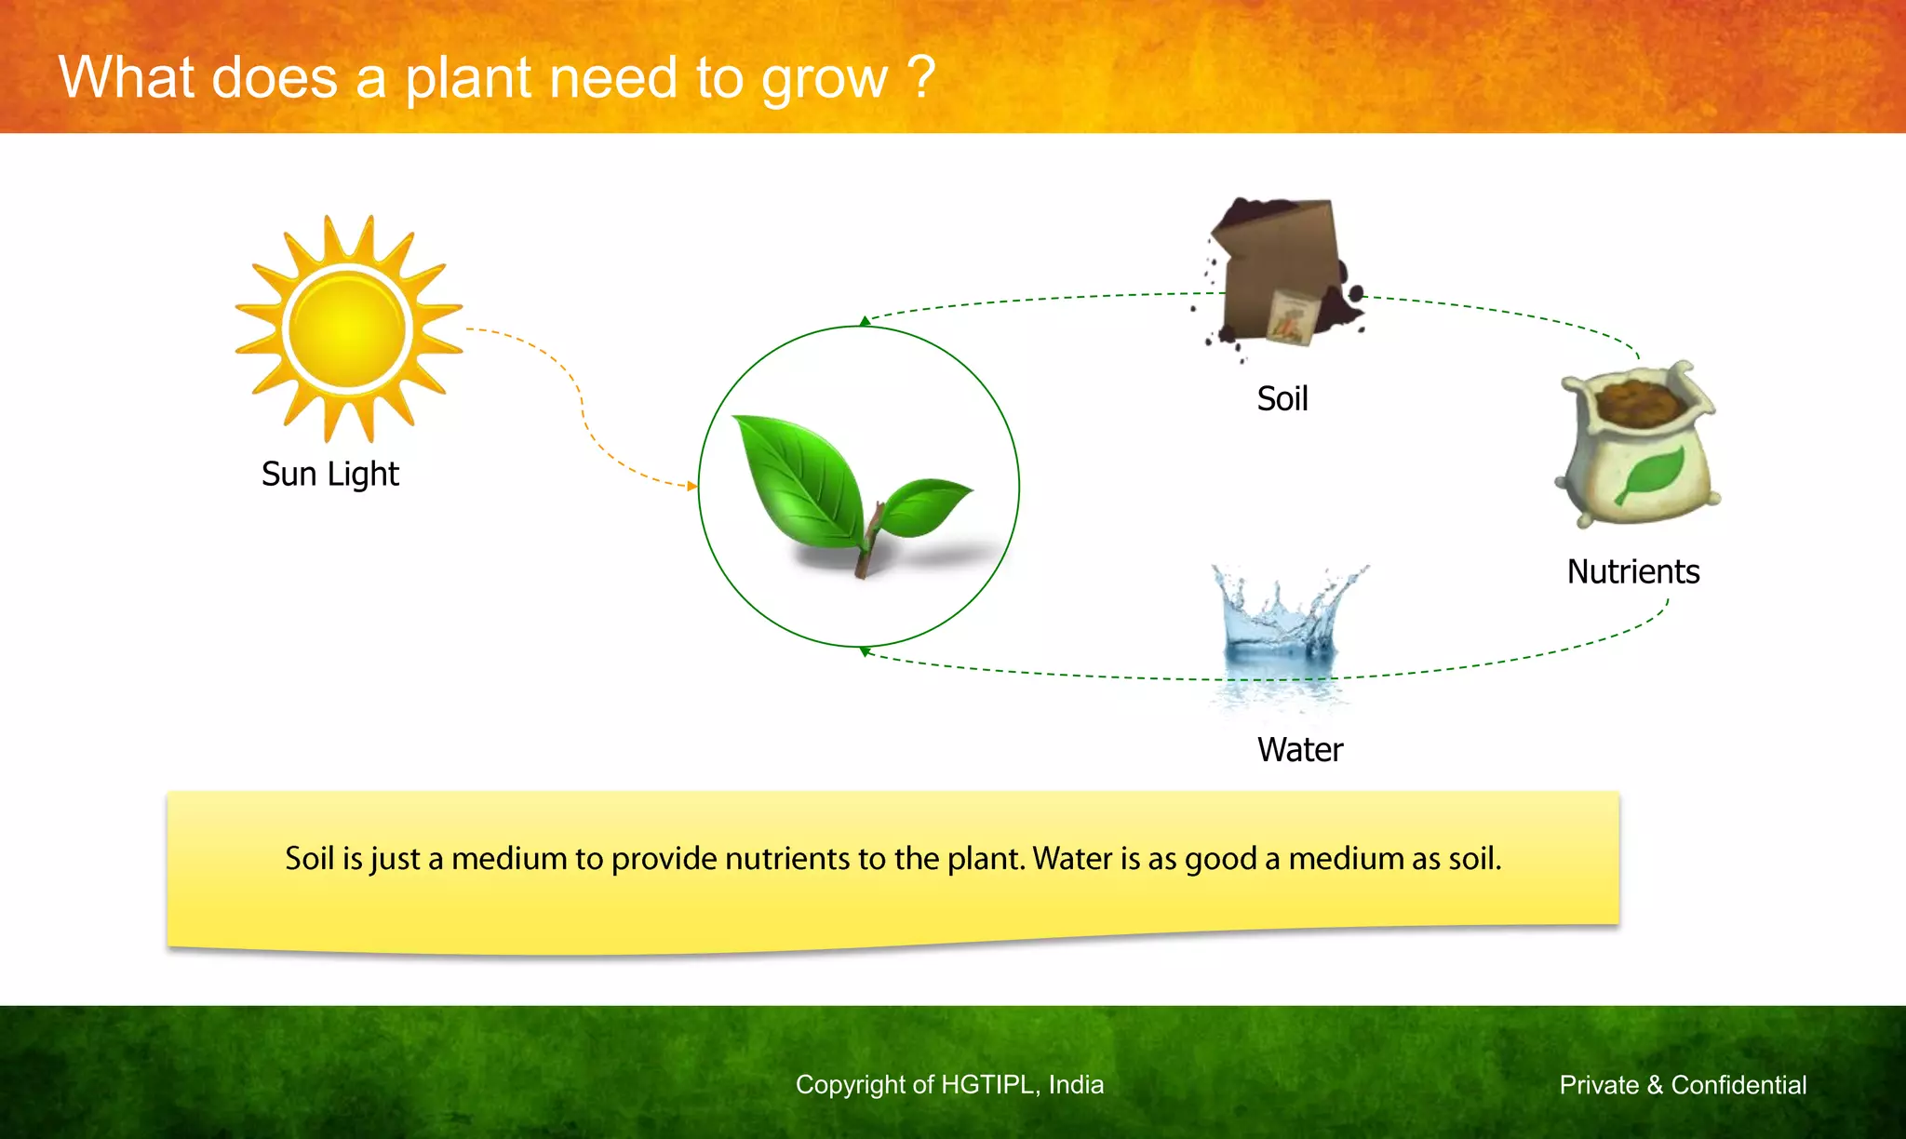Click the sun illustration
click(348, 328)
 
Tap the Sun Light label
click(329, 475)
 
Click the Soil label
click(1282, 399)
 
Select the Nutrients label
click(1632, 571)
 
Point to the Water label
click(1299, 750)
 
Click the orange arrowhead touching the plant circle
click(691, 486)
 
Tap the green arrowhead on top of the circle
click(865, 321)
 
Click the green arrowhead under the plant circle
click(865, 651)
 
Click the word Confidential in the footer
click(1738, 1085)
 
